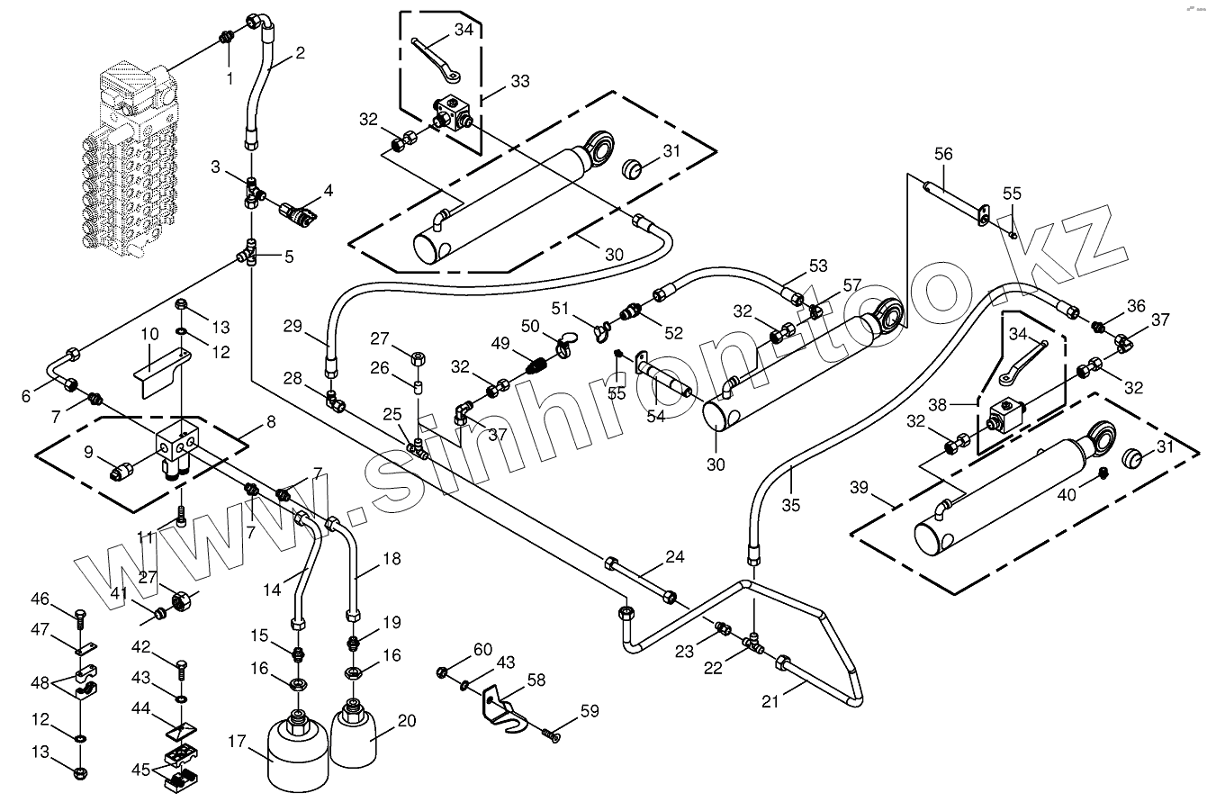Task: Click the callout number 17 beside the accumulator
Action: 237,742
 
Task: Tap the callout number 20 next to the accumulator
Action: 407,720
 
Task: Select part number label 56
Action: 942,154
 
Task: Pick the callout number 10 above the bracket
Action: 149,334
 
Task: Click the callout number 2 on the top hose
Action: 300,52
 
